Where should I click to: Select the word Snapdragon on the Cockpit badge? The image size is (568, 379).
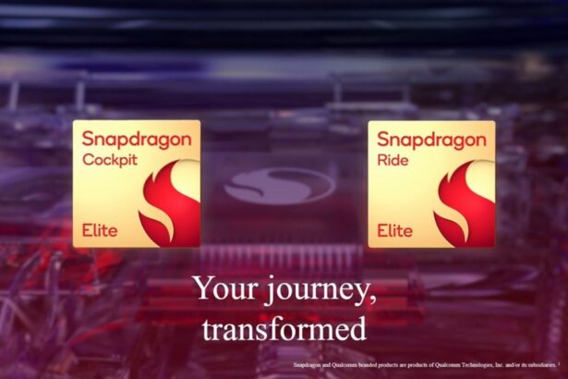pos(137,141)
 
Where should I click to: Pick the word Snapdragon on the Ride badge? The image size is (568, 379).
pos(432,141)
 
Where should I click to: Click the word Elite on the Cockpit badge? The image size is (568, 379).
pos(100,229)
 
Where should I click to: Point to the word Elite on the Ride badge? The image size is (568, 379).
pos(394,229)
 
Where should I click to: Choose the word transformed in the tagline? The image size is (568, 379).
pos(284,328)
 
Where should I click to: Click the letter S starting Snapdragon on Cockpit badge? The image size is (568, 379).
pos(88,141)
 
